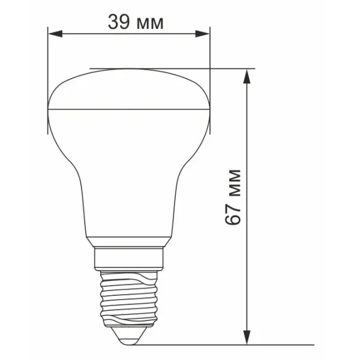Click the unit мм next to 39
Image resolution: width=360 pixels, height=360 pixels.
150,24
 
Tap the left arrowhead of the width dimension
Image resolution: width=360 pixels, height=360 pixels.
55,34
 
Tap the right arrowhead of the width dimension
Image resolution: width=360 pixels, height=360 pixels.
202,34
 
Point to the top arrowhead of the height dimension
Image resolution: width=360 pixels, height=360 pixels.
247,76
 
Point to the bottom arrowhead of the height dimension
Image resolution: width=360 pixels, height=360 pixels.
247,337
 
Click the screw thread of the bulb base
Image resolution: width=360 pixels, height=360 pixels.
129,298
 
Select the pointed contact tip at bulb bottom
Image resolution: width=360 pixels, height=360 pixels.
129,335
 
